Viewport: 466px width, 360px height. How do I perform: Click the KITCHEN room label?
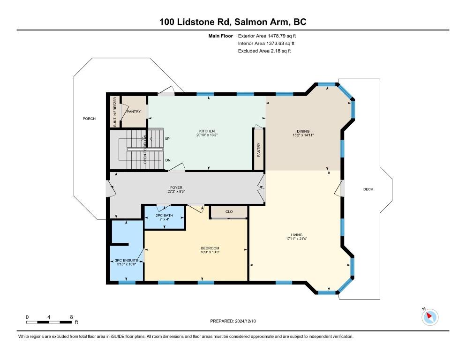pos(207,131)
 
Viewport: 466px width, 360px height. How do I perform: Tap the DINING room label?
pos(303,131)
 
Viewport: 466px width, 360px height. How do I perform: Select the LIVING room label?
pos(297,235)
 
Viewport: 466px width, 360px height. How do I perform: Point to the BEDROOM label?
pos(210,248)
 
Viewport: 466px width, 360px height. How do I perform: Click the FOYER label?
pos(176,187)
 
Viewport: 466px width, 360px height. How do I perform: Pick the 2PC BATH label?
pos(164,216)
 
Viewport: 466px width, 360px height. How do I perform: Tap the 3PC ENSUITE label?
pos(126,261)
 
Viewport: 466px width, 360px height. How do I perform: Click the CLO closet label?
pos(229,212)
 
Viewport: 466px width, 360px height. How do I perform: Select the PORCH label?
pos(89,119)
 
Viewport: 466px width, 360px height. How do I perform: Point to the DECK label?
pos(368,189)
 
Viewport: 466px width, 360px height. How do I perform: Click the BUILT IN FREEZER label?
pos(115,112)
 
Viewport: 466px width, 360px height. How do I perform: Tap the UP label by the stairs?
pos(167,139)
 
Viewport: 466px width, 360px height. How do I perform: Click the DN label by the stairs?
pos(168,160)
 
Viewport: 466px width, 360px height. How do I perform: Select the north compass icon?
pos(430,317)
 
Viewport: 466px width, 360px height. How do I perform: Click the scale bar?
pos(49,322)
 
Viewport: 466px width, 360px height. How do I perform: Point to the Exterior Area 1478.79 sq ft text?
pos(267,36)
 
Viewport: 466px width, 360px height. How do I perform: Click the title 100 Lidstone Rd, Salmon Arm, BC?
pos(233,22)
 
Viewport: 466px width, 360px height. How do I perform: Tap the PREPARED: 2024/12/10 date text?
pos(233,321)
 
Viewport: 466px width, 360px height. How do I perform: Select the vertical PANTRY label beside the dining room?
pos(259,150)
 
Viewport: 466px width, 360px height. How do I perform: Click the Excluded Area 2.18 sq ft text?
pos(264,51)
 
